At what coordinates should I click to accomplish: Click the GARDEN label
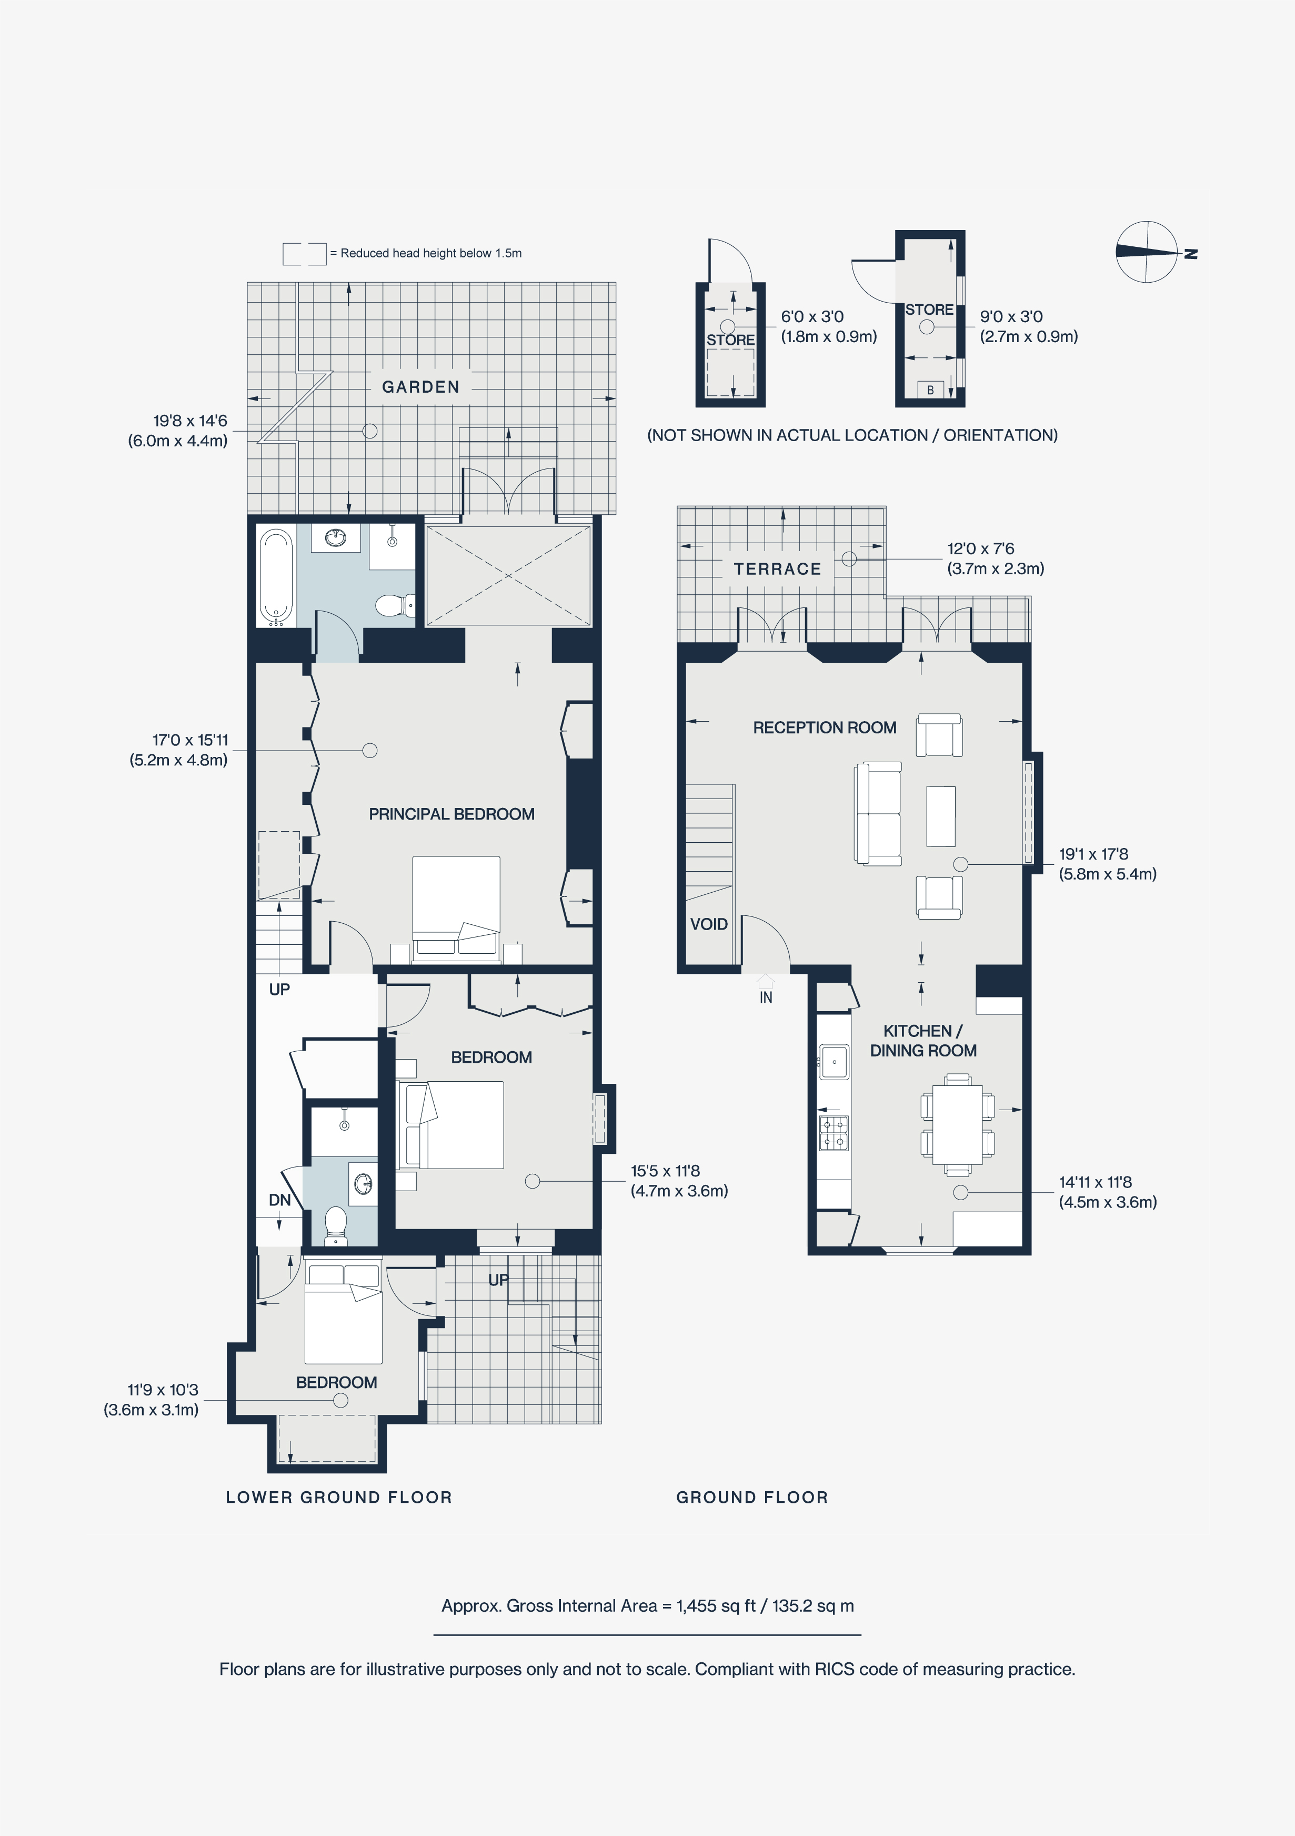[x=420, y=387]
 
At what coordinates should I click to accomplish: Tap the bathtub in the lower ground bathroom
[x=276, y=576]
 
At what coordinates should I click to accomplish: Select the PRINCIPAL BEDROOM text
[x=451, y=814]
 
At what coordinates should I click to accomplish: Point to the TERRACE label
[x=777, y=570]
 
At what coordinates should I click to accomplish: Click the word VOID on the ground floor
[x=708, y=924]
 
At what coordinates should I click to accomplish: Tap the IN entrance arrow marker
[x=766, y=982]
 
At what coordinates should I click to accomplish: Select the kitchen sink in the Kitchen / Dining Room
[x=834, y=1062]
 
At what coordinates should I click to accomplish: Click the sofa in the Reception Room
[x=878, y=813]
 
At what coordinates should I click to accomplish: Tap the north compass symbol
[x=1147, y=252]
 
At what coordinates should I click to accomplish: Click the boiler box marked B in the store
[x=930, y=390]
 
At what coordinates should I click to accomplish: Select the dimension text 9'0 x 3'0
[x=1011, y=317]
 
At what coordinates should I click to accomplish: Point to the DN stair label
[x=279, y=1200]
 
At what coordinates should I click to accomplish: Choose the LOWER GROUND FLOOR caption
[x=339, y=1497]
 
